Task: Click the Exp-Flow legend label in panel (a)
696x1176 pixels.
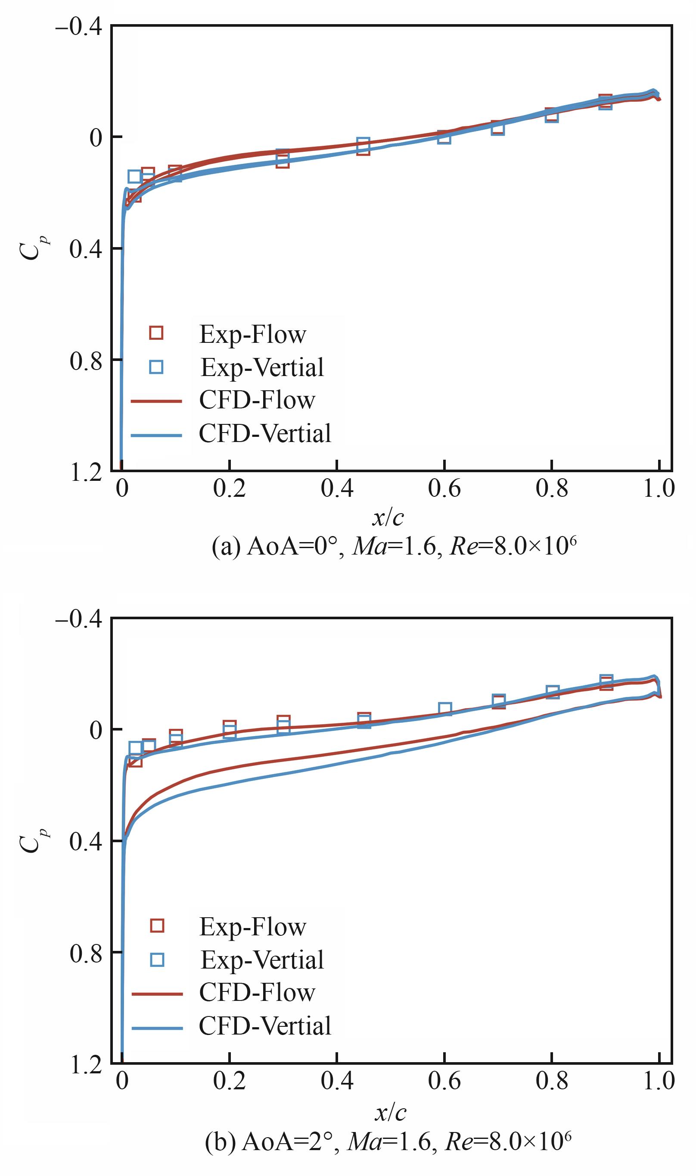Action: tap(252, 334)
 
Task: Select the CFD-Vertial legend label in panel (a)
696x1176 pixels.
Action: tap(265, 433)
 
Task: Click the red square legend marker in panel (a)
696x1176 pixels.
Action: tap(156, 333)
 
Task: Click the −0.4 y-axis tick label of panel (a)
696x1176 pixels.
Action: tap(79, 27)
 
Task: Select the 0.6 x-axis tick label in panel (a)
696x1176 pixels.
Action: tap(444, 489)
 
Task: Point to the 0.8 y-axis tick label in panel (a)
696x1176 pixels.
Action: tap(86, 361)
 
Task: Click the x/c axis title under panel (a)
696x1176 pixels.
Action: tap(388, 517)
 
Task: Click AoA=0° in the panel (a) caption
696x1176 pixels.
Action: tap(292, 546)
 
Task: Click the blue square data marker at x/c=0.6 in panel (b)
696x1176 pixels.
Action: tap(444, 709)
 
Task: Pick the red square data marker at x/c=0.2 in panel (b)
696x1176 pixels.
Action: tap(229, 727)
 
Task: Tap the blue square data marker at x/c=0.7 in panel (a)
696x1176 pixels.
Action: tap(498, 129)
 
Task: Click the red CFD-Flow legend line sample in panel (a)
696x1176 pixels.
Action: tap(156, 401)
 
